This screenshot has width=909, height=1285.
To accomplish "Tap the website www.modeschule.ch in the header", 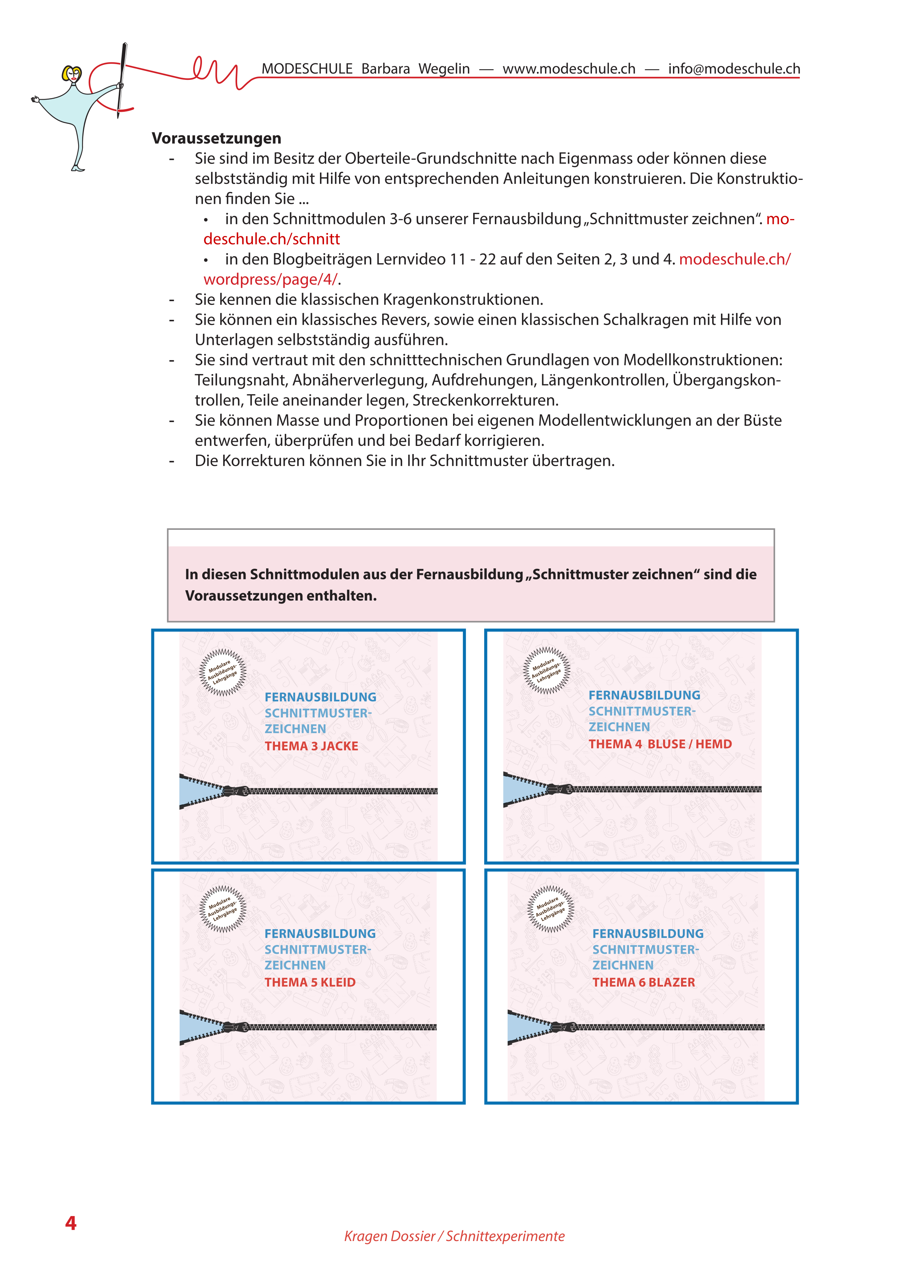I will tap(569, 69).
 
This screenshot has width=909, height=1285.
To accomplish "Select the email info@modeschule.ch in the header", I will tap(734, 69).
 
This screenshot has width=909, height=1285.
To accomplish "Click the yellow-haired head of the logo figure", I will tap(72, 74).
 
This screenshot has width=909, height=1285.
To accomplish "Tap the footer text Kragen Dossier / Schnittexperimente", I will tap(454, 1236).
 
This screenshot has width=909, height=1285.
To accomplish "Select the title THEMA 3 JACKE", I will tap(311, 746).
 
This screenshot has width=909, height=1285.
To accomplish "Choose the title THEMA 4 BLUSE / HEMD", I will tap(660, 744).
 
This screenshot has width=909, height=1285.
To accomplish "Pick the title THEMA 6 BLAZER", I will tap(643, 982).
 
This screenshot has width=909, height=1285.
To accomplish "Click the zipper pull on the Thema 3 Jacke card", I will tap(236, 791).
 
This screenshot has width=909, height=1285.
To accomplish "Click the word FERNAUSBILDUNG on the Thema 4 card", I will tap(644, 695).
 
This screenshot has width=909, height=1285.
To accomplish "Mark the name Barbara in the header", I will tap(385, 69).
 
